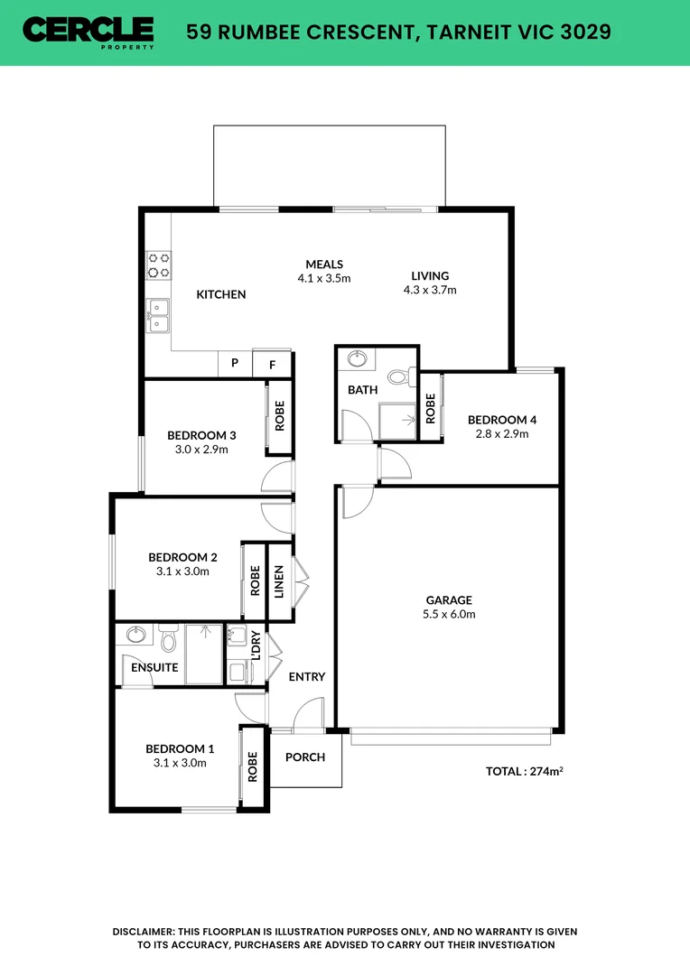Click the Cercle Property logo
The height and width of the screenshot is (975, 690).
click(x=89, y=32)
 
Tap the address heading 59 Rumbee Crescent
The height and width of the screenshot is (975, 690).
click(x=398, y=32)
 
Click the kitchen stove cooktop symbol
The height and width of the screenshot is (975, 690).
click(x=159, y=264)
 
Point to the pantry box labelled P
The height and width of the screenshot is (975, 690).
click(x=235, y=363)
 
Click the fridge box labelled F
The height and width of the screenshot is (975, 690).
click(x=271, y=364)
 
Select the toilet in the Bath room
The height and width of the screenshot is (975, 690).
click(x=398, y=376)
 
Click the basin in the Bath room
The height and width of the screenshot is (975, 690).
click(x=357, y=359)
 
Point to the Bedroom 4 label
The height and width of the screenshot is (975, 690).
click(x=501, y=420)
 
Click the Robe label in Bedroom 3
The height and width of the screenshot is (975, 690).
click(x=280, y=415)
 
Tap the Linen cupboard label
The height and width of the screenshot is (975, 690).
click(x=279, y=580)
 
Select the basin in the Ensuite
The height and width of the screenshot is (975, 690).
click(x=137, y=634)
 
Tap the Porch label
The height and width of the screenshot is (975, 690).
click(x=305, y=757)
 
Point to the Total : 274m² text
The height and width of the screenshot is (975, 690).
click(x=525, y=772)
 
